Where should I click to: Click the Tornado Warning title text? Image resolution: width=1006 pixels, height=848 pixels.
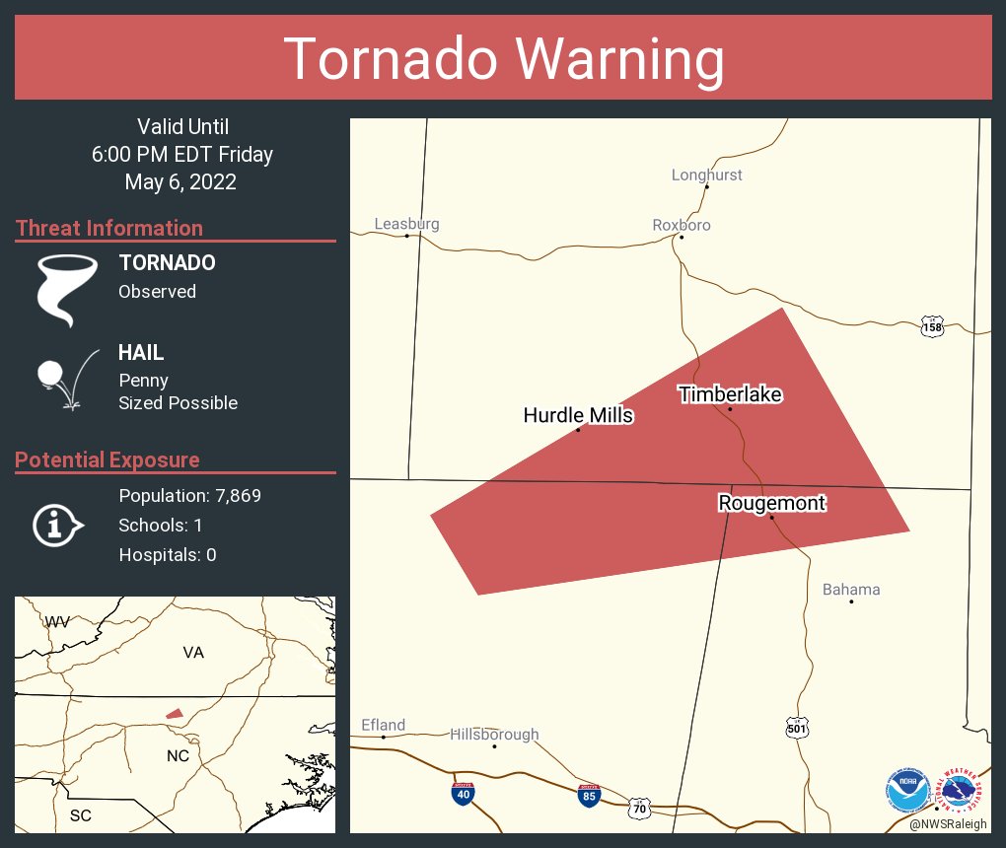pyautogui.click(x=504, y=59)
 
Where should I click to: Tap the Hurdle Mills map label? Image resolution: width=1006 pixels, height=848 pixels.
pyautogui.click(x=578, y=415)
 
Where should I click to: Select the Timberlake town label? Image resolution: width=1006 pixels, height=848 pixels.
pyautogui.click(x=730, y=394)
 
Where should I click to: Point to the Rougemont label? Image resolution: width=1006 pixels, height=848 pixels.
pyautogui.click(x=771, y=503)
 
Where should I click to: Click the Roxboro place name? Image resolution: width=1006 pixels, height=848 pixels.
pyautogui.click(x=682, y=225)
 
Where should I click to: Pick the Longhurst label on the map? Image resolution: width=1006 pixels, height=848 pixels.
pyautogui.click(x=706, y=175)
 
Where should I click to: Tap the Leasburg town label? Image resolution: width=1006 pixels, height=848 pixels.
pyautogui.click(x=406, y=224)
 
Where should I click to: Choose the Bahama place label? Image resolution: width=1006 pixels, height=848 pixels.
pyautogui.click(x=851, y=590)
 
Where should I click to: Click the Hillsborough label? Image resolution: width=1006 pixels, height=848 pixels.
pyautogui.click(x=494, y=734)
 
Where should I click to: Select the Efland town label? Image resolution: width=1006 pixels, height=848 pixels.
pyautogui.click(x=383, y=725)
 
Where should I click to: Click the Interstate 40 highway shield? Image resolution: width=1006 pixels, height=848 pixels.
pyautogui.click(x=462, y=792)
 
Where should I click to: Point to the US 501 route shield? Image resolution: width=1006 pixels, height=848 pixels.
pyautogui.click(x=798, y=728)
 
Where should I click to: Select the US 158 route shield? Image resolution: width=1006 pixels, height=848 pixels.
pyautogui.click(x=932, y=325)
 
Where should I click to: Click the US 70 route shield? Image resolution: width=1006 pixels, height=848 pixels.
pyautogui.click(x=640, y=807)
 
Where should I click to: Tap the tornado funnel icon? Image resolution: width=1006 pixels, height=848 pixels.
pyautogui.click(x=66, y=289)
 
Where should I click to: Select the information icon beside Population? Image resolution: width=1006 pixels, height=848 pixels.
pyautogui.click(x=56, y=525)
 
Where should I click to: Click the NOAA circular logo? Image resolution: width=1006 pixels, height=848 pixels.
pyautogui.click(x=906, y=790)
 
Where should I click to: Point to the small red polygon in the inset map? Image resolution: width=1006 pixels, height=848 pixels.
pyautogui.click(x=174, y=713)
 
